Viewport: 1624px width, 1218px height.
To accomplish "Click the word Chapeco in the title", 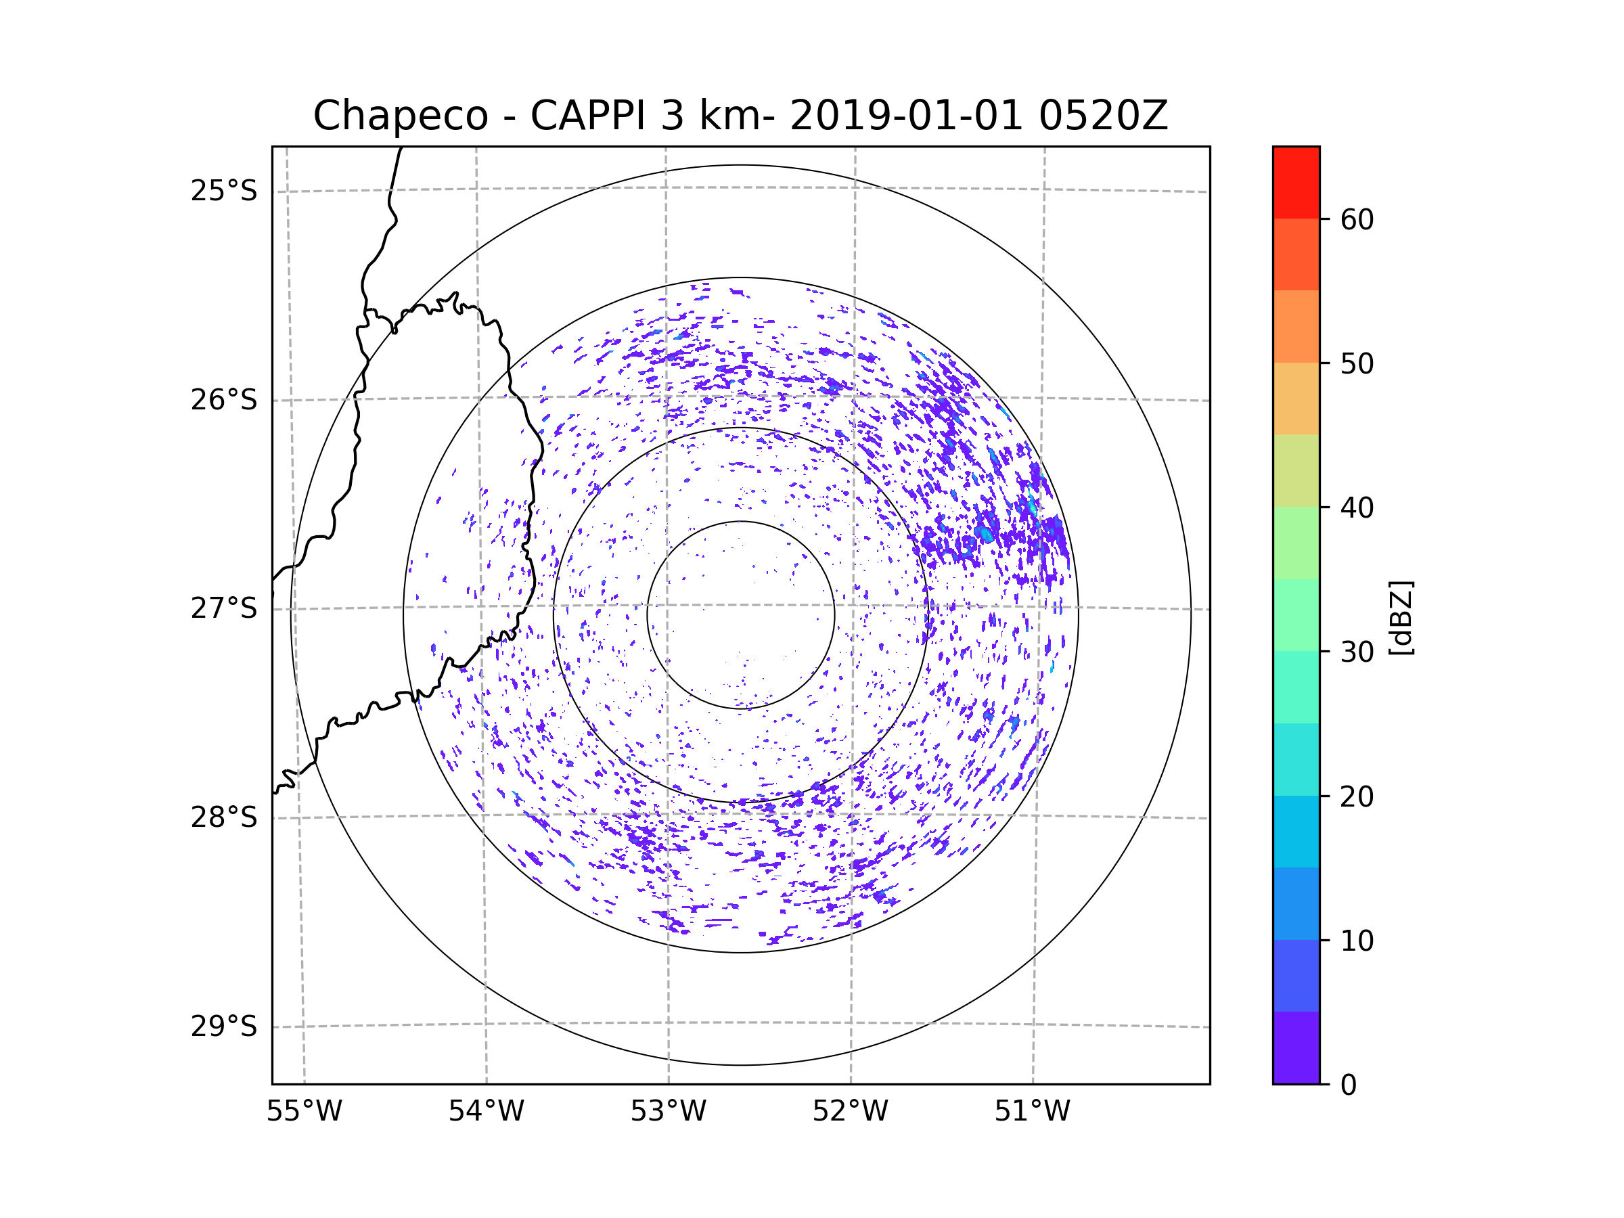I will [x=400, y=116].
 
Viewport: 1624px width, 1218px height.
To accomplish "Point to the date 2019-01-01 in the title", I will [x=906, y=116].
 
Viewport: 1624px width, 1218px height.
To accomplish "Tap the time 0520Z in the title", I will [x=1103, y=116].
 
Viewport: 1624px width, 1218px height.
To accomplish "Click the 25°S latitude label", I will [x=224, y=191].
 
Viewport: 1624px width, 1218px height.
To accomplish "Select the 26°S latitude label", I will [x=224, y=400].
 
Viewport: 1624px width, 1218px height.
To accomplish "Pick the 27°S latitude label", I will [x=224, y=608].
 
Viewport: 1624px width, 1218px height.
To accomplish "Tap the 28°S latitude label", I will [x=224, y=817].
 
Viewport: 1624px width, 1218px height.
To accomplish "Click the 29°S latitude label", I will [x=224, y=1027].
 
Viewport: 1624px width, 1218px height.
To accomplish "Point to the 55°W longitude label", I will [x=304, y=1112].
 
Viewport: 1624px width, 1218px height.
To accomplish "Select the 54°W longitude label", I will [x=486, y=1112].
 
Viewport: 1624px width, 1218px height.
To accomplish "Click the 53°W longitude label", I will [x=668, y=1112].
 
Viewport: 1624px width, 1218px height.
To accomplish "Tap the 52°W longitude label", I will [x=850, y=1112].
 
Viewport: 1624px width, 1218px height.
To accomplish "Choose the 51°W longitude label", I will [x=1032, y=1112].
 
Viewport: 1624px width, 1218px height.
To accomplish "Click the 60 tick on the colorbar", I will [x=1357, y=219].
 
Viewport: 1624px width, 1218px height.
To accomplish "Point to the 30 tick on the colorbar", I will [x=1357, y=652].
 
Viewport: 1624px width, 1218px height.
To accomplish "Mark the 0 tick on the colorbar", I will [x=1349, y=1085].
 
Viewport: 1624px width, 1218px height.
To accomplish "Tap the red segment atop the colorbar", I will [x=1296, y=182].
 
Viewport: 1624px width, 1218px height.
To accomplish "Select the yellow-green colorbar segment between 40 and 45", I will [x=1296, y=470].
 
